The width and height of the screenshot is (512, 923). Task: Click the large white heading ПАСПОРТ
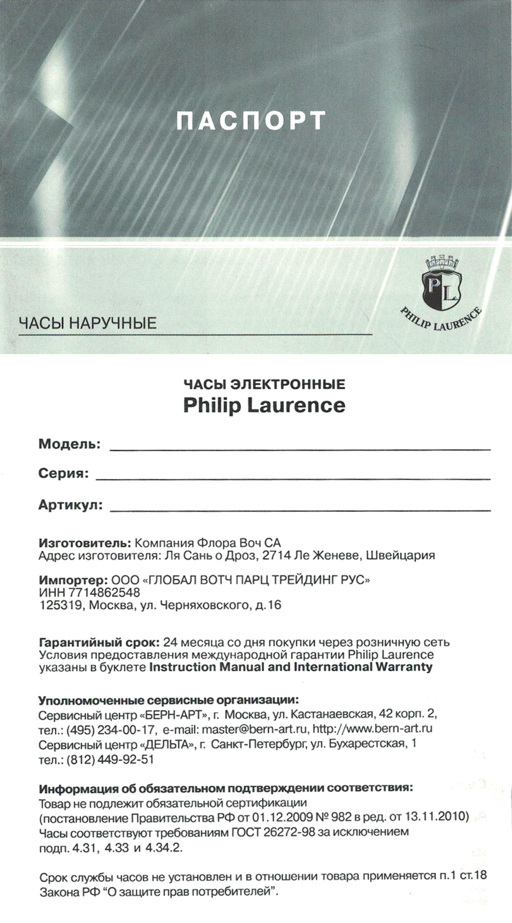pos(251,121)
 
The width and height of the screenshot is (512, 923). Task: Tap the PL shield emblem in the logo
pos(441,290)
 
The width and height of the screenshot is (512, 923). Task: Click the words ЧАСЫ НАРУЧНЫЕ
pos(88,323)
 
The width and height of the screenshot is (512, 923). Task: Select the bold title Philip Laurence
pos(264,405)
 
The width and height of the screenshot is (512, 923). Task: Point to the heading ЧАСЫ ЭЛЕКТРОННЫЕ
pos(264,383)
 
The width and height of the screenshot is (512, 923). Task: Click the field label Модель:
pos(70,444)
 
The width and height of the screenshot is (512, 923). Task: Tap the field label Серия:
pos(63,474)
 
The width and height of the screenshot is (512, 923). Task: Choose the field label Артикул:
pos(71,505)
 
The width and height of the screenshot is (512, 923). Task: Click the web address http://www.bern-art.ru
pos(373,728)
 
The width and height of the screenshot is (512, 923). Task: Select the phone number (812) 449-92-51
pos(110,759)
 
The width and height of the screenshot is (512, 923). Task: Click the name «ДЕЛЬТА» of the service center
pos(167,744)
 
